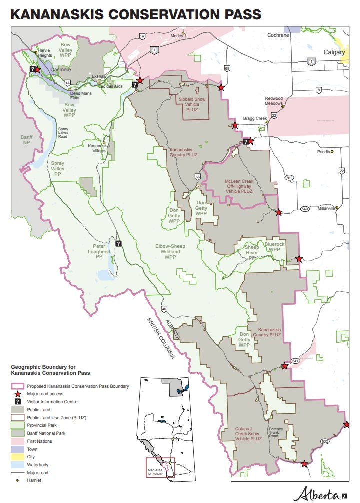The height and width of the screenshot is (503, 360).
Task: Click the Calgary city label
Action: click(334, 52)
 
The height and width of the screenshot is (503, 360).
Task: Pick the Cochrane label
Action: click(278, 35)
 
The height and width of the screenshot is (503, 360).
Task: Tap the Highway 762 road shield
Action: click(289, 178)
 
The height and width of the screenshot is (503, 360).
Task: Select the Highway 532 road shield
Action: click(325, 441)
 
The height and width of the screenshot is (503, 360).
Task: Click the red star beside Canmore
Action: click(37, 69)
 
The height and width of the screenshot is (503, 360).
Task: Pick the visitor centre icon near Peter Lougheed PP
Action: click(118, 244)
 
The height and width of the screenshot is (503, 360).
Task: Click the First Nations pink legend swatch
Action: click(17, 441)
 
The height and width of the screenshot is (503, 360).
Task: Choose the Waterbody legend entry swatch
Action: click(17, 464)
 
